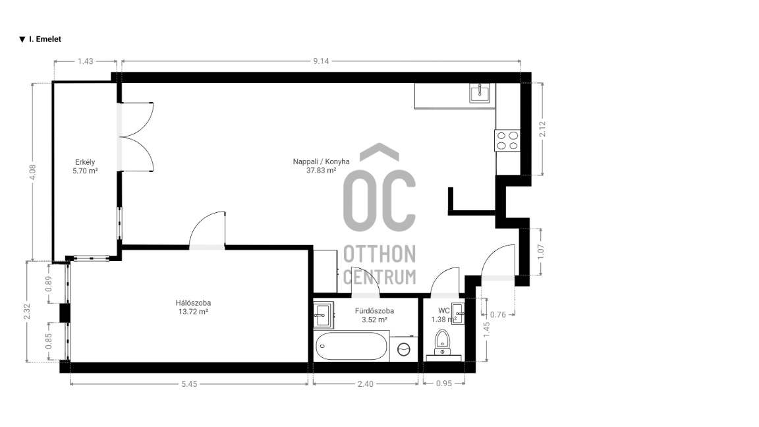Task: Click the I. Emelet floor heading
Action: coord(41,40)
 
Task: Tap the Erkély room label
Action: coord(85,162)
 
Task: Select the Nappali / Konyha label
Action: coord(321,161)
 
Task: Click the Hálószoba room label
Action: coord(193,303)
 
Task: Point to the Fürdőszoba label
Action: coord(374,311)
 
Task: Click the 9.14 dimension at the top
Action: coord(321,61)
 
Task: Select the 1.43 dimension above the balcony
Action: coord(85,61)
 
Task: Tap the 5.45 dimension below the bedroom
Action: coord(189,384)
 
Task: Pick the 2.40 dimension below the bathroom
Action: coord(366,384)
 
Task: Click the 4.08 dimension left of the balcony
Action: coord(32,173)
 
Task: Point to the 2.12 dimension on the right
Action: coord(542,128)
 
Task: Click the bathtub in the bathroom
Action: coord(351,347)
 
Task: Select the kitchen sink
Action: coord(480,93)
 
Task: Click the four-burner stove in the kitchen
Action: coord(507,140)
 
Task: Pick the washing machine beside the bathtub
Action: coord(404,349)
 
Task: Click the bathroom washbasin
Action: coord(323,315)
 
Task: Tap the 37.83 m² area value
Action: coord(321,171)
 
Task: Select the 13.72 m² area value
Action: coord(193,312)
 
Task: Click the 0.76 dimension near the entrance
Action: coord(497,315)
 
